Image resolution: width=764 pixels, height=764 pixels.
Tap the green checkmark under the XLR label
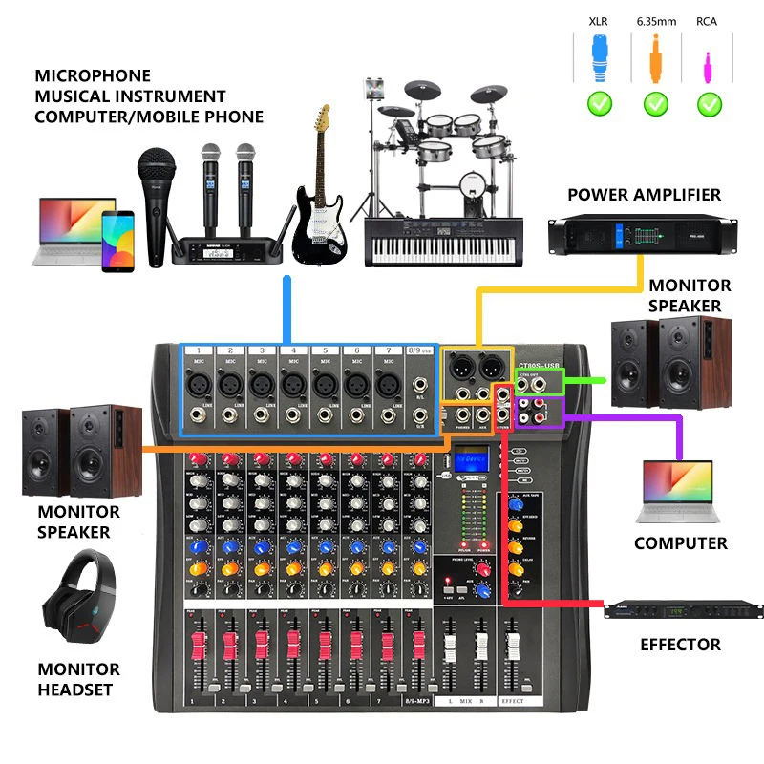(600, 103)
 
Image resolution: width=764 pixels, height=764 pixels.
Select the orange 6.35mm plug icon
(655, 58)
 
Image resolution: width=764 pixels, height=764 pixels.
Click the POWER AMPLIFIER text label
(644, 195)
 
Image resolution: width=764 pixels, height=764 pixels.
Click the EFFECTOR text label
(680, 646)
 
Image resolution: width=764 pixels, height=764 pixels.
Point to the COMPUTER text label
(680, 543)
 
